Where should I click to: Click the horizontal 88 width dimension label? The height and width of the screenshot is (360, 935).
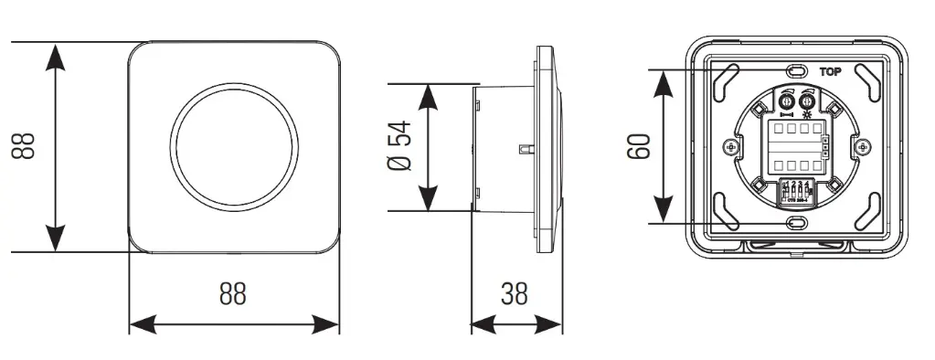233,293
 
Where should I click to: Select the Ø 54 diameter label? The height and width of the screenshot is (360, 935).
399,145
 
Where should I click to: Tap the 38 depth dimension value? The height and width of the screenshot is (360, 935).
515,293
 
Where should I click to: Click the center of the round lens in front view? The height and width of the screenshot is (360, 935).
233,146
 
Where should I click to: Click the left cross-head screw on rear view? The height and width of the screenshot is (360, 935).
728,146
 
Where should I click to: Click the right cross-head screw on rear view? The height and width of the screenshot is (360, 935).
862,146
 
